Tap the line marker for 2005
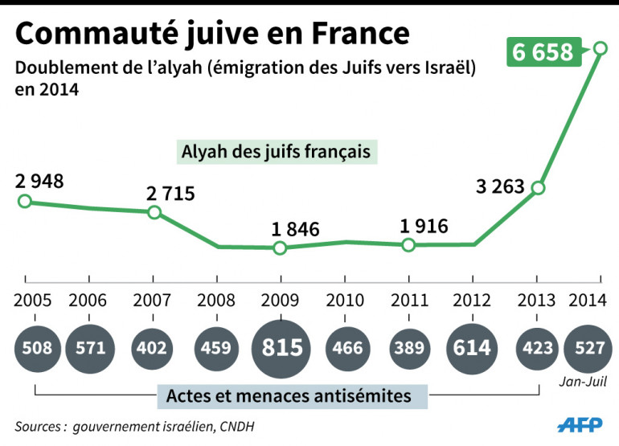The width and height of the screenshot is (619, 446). (x=24, y=201)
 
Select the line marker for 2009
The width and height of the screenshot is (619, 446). (x=280, y=248)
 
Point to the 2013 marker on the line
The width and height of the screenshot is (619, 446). (x=538, y=188)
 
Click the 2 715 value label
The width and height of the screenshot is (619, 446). (x=170, y=193)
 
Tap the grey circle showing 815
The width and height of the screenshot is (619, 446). (x=280, y=348)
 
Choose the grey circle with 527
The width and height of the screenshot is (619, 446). (x=591, y=348)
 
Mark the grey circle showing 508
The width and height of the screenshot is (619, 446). (x=35, y=348)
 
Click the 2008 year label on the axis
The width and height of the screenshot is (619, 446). (x=216, y=301)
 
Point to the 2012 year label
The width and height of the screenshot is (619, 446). (x=473, y=301)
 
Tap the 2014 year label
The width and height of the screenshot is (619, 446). (x=588, y=301)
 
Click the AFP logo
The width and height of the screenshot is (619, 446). (x=580, y=423)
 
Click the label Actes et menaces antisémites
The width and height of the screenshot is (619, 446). (x=289, y=395)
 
